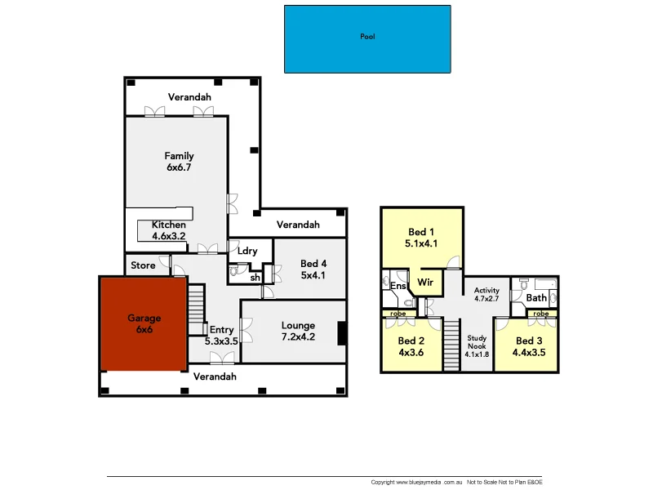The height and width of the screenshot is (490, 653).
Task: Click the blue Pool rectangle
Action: (x=367, y=39)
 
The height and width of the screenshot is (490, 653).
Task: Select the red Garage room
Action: (x=144, y=324)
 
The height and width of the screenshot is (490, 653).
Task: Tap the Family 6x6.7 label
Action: (x=179, y=162)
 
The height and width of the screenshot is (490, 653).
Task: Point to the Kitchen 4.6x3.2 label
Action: (x=169, y=230)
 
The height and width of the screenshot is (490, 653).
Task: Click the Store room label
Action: (x=143, y=265)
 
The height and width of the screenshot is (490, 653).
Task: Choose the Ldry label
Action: (x=247, y=252)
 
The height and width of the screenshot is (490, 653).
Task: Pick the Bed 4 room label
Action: (x=313, y=269)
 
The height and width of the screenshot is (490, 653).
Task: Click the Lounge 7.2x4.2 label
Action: (x=298, y=331)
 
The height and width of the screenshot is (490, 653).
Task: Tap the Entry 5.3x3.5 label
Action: (x=220, y=336)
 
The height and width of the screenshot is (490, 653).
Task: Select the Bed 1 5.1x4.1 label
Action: (x=421, y=237)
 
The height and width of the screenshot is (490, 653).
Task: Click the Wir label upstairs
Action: (x=424, y=283)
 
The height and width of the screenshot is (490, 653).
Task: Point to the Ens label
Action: (x=398, y=287)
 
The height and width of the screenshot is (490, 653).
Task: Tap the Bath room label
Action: (x=536, y=298)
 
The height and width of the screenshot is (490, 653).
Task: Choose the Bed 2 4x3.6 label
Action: (x=411, y=346)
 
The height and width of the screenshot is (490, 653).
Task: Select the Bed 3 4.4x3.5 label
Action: (x=528, y=346)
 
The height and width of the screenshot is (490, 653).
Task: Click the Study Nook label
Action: (x=477, y=345)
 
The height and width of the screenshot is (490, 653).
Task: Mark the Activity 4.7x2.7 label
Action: (x=487, y=295)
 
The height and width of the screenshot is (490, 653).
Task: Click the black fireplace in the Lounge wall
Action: (x=342, y=333)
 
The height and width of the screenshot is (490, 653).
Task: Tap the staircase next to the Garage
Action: (x=196, y=309)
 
